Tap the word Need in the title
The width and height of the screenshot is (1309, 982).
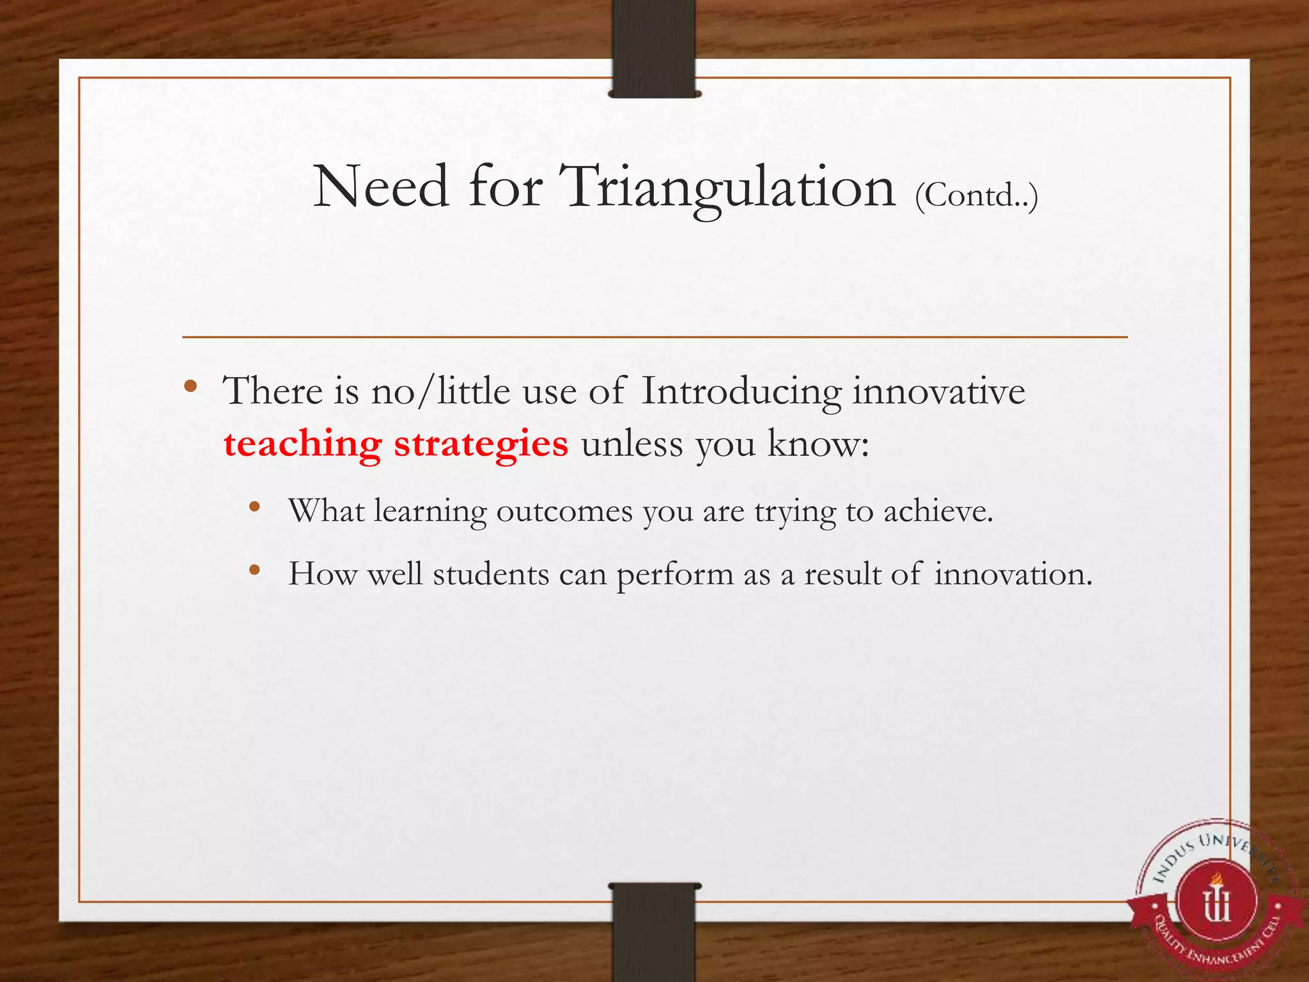click(381, 187)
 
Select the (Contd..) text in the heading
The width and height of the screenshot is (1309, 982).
click(976, 195)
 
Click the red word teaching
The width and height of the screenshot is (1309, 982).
click(302, 444)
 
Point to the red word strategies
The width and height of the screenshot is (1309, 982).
click(481, 444)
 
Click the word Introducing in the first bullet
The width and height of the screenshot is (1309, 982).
click(741, 391)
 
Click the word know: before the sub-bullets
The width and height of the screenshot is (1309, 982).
click(819, 444)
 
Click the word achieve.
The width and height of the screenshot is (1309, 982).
click(938, 511)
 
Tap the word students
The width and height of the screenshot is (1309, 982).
click(491, 574)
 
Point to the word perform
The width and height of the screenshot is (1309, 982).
click(674, 574)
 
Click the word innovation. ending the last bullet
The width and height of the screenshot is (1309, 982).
click(1013, 574)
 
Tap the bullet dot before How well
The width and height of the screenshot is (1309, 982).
click(254, 570)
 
